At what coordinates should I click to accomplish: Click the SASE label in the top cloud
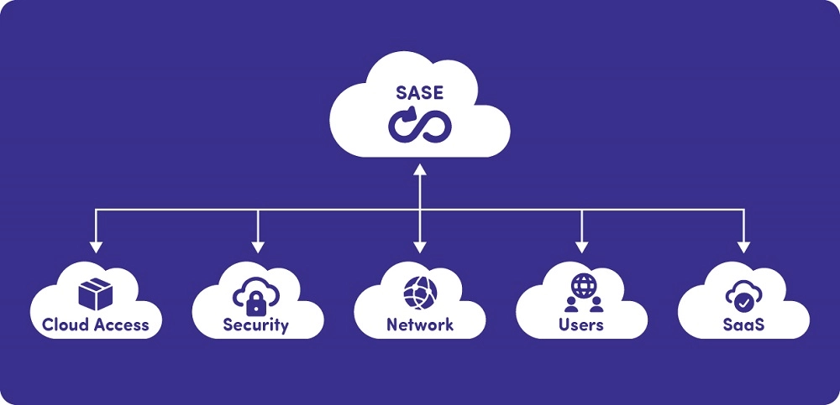pos(420,92)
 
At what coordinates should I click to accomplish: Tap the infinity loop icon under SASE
pos(420,124)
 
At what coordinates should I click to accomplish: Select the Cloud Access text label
pos(95,325)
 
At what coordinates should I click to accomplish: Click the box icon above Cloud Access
pos(95,293)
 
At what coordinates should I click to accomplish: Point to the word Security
pos(255,325)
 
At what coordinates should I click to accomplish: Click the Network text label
pos(419,325)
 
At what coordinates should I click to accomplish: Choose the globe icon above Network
pos(419,293)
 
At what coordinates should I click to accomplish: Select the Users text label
pos(581,325)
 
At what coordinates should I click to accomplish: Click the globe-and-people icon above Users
pos(581,291)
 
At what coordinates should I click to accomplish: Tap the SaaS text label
pos(743,325)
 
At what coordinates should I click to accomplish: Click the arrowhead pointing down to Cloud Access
pos(96,247)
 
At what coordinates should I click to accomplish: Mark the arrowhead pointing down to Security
pos(258,247)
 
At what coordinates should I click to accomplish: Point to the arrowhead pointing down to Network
pos(420,247)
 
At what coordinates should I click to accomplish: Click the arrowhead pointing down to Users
pos(582,247)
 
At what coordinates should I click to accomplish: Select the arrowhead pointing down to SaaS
pos(744,247)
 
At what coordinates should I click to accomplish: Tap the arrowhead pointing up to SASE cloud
pos(420,170)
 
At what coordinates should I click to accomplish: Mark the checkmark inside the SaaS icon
pos(743,299)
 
